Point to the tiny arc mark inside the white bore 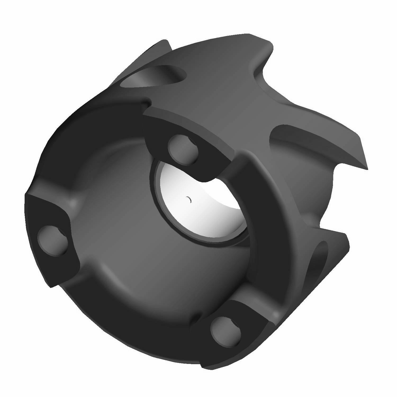coord(189,200)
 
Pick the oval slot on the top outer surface coord(154,77)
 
